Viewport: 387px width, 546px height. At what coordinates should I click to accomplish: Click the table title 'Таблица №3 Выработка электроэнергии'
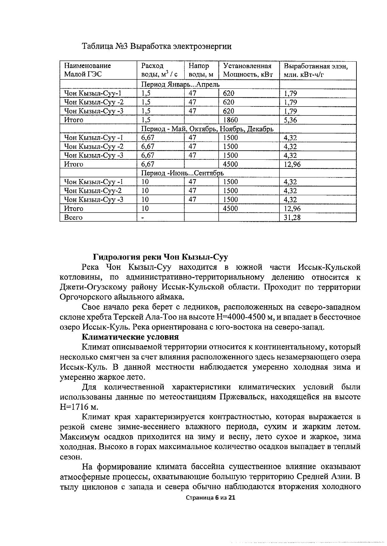[157, 47]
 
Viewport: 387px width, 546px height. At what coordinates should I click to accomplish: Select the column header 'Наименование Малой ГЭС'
[87, 70]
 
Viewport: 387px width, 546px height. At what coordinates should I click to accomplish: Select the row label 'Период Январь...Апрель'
[180, 84]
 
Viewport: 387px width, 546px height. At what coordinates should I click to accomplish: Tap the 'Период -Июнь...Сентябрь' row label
[182, 173]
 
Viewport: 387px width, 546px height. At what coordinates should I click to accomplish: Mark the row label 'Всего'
[73, 217]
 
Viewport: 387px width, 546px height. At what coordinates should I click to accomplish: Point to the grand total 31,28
[292, 217]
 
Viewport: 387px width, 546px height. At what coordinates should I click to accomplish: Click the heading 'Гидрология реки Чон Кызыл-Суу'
[160, 257]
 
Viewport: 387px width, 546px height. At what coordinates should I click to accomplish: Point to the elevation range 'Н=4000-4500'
[238, 317]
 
